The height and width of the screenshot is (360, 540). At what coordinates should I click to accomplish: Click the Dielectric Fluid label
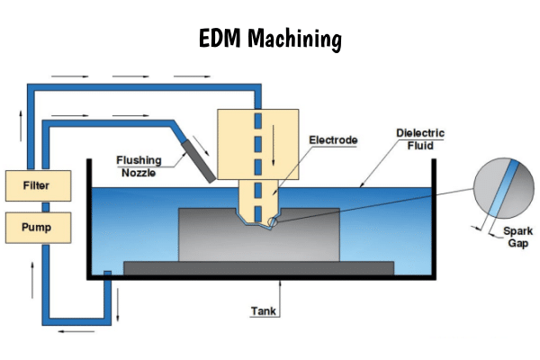pos(420,139)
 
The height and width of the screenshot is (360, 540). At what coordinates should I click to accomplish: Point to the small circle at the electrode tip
pos(273,220)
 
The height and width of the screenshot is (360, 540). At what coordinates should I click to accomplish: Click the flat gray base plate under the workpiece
pos(258,267)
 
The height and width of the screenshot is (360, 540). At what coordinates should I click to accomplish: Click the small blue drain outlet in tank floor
pos(106,274)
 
